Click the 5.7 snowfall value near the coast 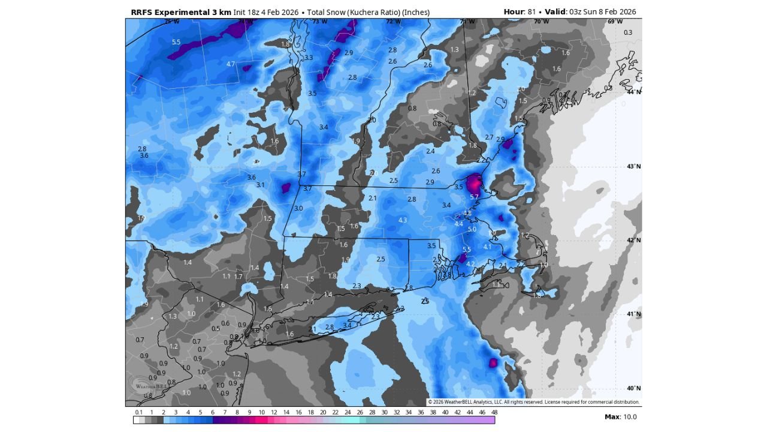point(474,197)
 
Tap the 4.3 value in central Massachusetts point(402,220)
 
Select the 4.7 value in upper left point(231,64)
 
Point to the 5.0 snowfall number point(472,229)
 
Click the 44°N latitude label point(634,92)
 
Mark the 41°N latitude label point(634,314)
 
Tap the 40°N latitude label point(634,388)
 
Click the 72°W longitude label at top point(392,22)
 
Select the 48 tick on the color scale point(494,412)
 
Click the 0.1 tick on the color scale point(139,412)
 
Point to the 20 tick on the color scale point(322,412)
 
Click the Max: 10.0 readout point(621,417)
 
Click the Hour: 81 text point(519,12)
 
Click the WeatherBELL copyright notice point(533,402)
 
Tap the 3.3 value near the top point(309,58)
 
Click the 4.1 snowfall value point(487,247)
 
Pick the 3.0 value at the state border point(298,208)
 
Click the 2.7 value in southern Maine point(489,137)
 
